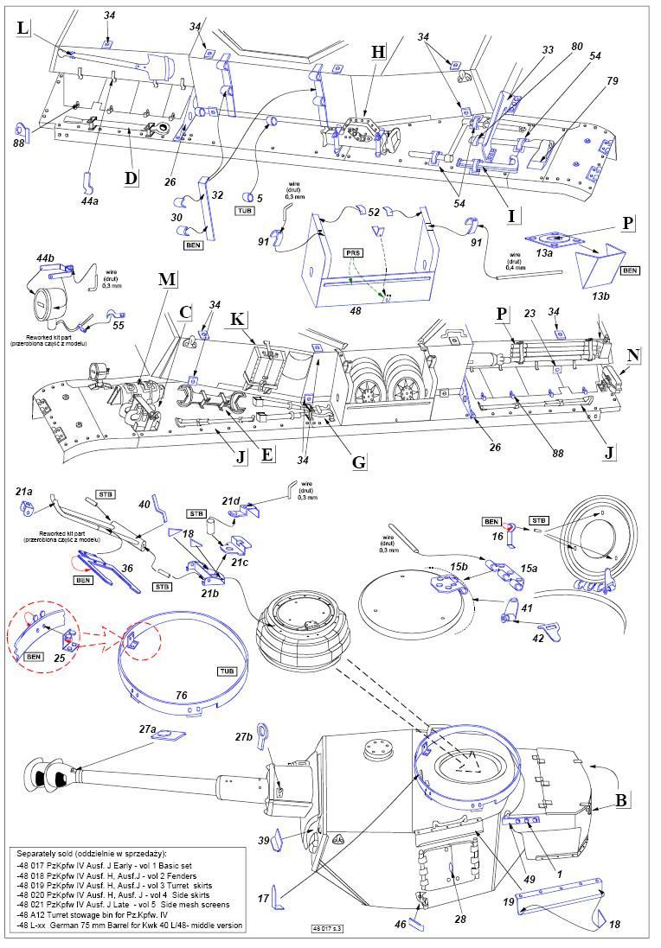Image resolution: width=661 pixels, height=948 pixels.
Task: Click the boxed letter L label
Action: pos(22,29)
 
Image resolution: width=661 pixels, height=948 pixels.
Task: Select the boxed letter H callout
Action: pos(377,52)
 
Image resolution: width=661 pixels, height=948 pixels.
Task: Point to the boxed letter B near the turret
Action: pos(619,799)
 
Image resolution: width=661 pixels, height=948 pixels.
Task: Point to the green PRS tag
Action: pos(354,253)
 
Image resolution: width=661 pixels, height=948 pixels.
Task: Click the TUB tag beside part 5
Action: pos(245,210)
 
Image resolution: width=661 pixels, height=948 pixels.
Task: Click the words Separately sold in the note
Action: pos(53,853)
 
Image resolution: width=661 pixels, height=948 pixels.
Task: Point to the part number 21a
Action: pos(25,492)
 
